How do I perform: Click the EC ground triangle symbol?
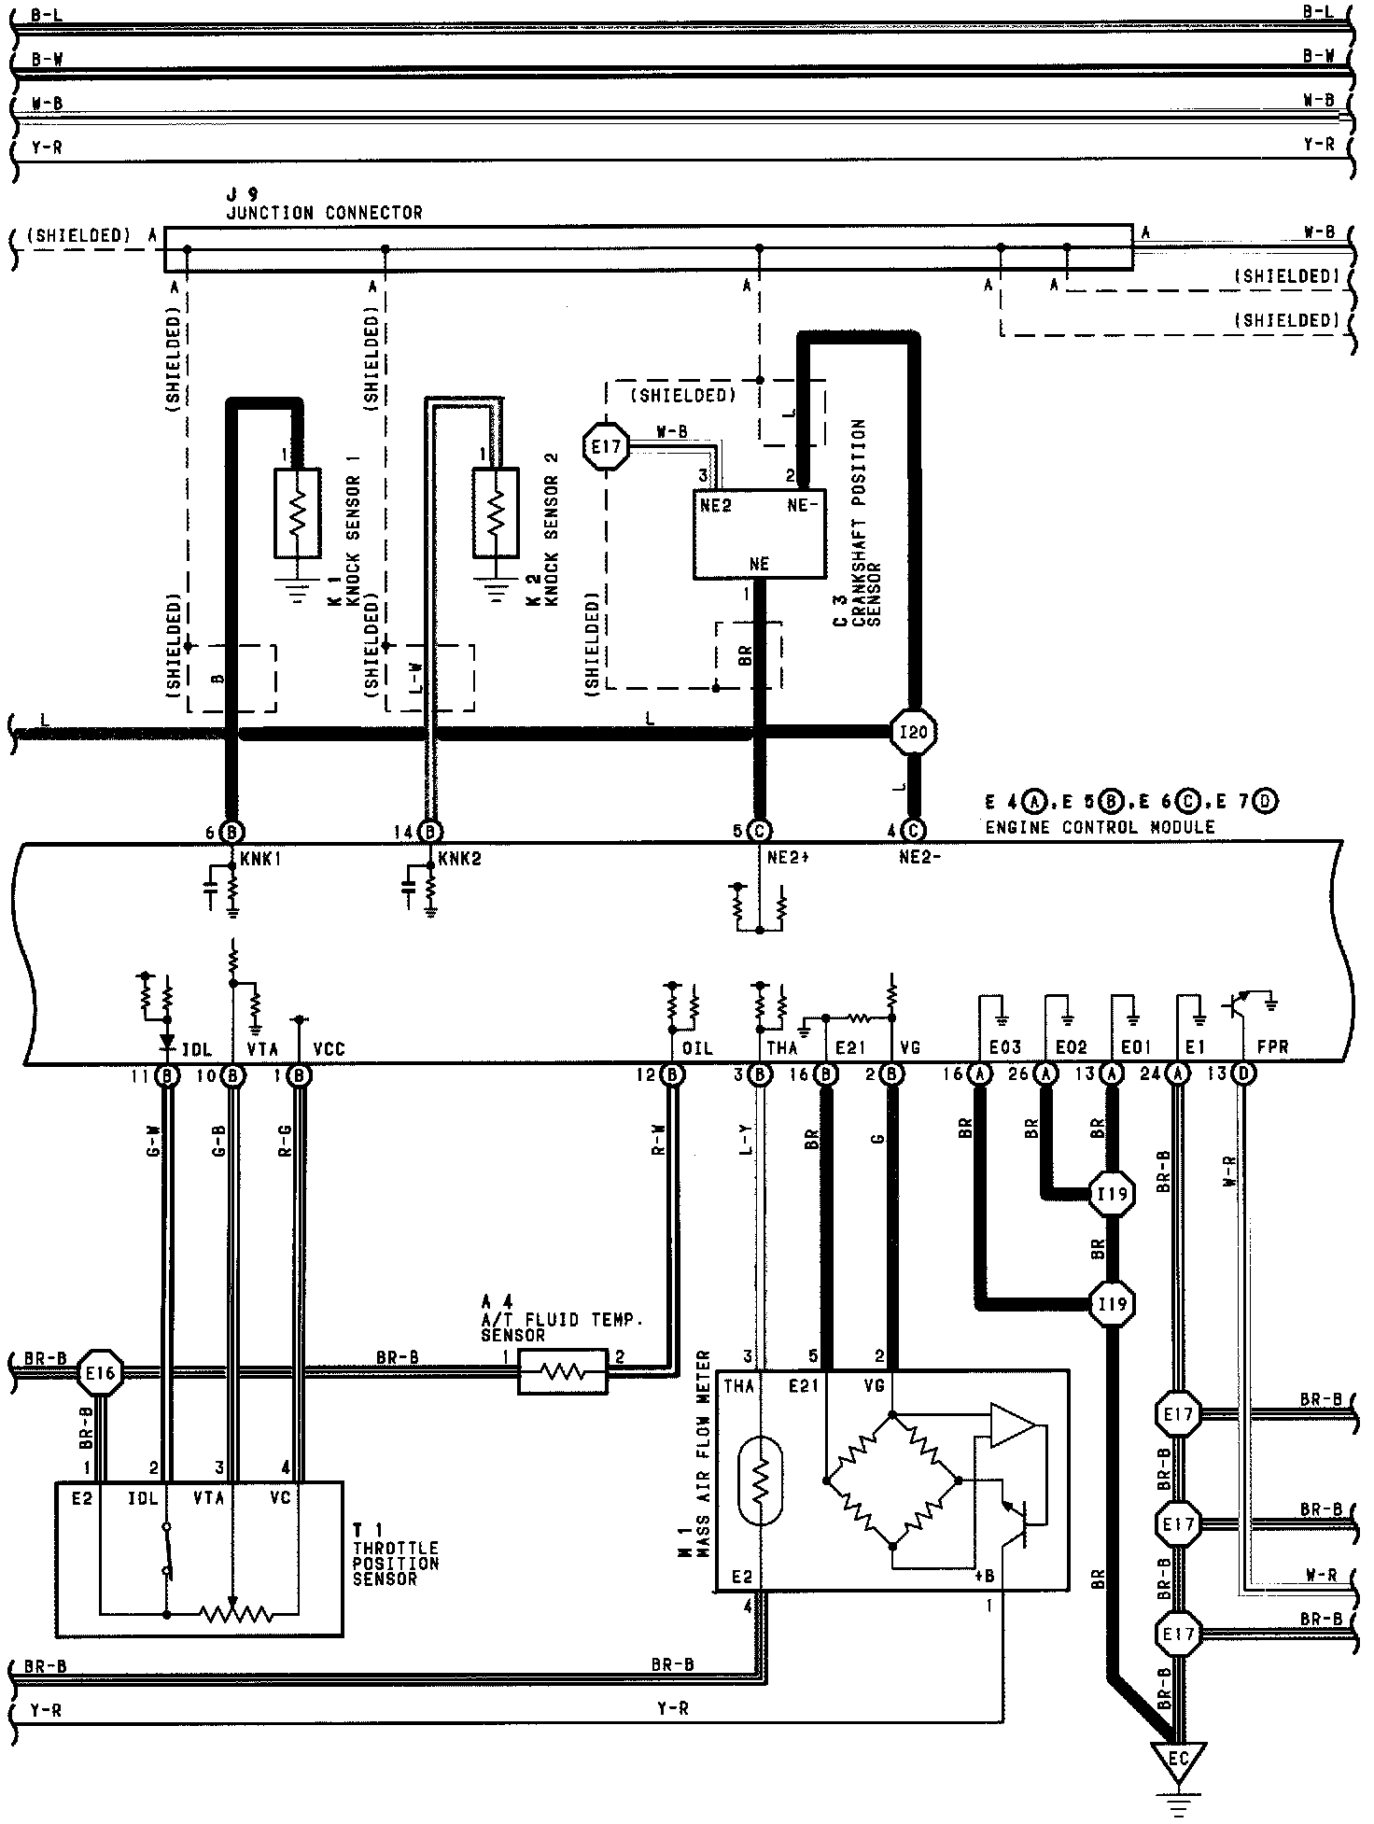coord(1179,1760)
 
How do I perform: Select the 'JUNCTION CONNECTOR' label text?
coord(324,213)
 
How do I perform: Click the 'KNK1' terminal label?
coord(260,860)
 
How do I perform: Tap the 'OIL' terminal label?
coord(697,1048)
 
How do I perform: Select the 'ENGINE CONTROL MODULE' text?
coord(1100,827)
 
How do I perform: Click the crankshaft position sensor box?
coord(759,533)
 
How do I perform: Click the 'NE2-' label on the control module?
coord(920,860)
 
